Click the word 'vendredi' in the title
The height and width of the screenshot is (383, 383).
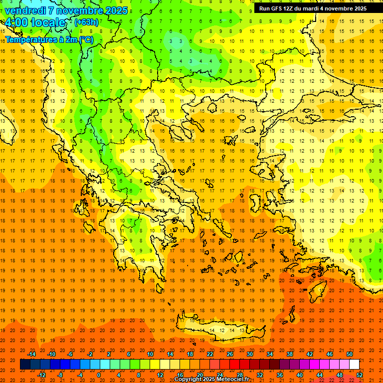tap(25, 10)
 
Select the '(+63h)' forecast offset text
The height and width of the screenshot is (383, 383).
tap(86, 22)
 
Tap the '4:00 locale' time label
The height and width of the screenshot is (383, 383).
tap(35, 22)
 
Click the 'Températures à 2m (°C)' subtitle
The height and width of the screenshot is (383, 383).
tap(49, 39)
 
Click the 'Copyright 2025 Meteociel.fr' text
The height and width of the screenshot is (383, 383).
tap(211, 380)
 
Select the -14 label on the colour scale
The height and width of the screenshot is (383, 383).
tap(32, 354)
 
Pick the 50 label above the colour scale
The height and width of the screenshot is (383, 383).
tap(349, 354)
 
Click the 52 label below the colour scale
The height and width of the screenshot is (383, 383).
tap(359, 375)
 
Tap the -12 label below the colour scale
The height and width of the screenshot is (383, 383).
tap(42, 375)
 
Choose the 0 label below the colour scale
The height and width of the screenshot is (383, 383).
tap(99, 375)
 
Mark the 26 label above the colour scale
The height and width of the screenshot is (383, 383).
tap(230, 354)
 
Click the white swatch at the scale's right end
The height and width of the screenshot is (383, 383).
tap(354, 365)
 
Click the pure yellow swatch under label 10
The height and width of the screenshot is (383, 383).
tap(155, 365)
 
